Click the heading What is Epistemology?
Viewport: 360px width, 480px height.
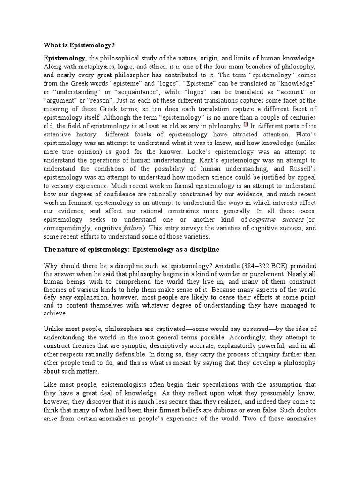(x=79, y=45)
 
